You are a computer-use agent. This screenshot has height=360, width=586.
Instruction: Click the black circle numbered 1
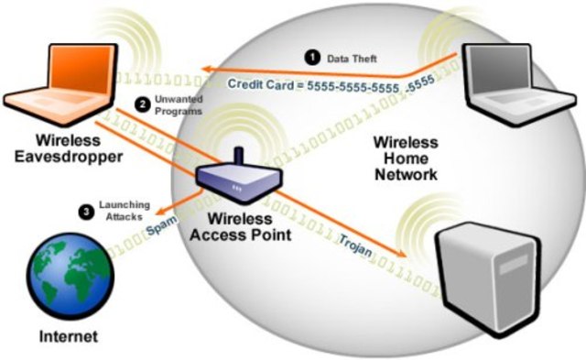click(311, 58)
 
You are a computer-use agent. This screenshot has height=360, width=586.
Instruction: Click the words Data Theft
click(352, 59)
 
